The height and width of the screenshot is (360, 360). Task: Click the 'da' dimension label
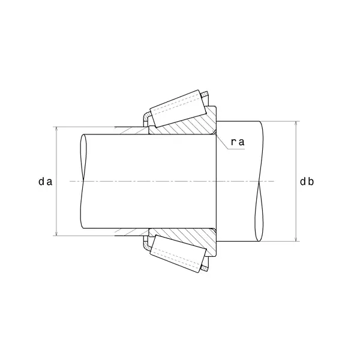click(x=44, y=181)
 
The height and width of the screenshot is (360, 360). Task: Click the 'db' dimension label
click(x=308, y=181)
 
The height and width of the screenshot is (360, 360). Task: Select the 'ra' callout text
click(x=238, y=142)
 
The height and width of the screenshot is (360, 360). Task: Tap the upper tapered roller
click(x=176, y=108)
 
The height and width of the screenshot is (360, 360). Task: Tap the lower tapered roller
click(x=176, y=254)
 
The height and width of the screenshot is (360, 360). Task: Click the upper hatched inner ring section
click(x=186, y=125)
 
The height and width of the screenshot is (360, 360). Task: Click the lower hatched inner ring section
click(x=186, y=236)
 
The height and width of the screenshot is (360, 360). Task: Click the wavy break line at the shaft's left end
click(x=82, y=180)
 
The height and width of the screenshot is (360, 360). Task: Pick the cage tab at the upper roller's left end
click(x=145, y=116)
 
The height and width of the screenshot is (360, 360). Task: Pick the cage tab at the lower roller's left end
click(x=145, y=246)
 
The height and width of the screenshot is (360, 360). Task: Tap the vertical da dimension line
click(x=56, y=156)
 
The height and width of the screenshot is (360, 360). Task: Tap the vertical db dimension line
click(x=296, y=156)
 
